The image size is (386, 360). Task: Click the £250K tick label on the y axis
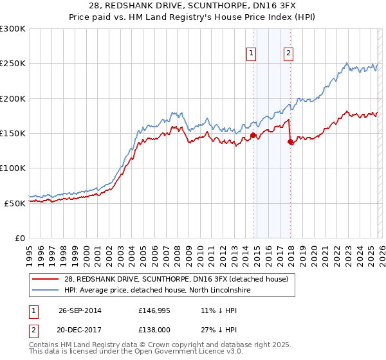point(13,64)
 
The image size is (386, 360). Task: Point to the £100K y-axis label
point(13,168)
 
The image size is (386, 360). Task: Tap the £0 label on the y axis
point(20,238)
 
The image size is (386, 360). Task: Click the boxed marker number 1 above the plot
point(250,53)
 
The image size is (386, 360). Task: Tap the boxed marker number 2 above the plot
point(288,53)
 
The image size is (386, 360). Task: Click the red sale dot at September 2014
point(253,135)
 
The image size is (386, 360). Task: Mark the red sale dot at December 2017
point(290,141)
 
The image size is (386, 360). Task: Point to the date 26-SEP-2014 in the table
point(80,310)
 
